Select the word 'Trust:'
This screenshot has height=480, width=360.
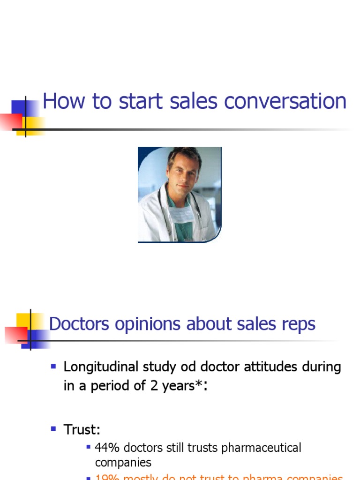point(82,429)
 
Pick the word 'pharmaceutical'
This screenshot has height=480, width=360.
point(261,448)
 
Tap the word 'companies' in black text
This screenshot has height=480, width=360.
point(123,463)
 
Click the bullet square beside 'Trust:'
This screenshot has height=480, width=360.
point(53,428)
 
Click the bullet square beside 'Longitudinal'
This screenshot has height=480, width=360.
point(53,366)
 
